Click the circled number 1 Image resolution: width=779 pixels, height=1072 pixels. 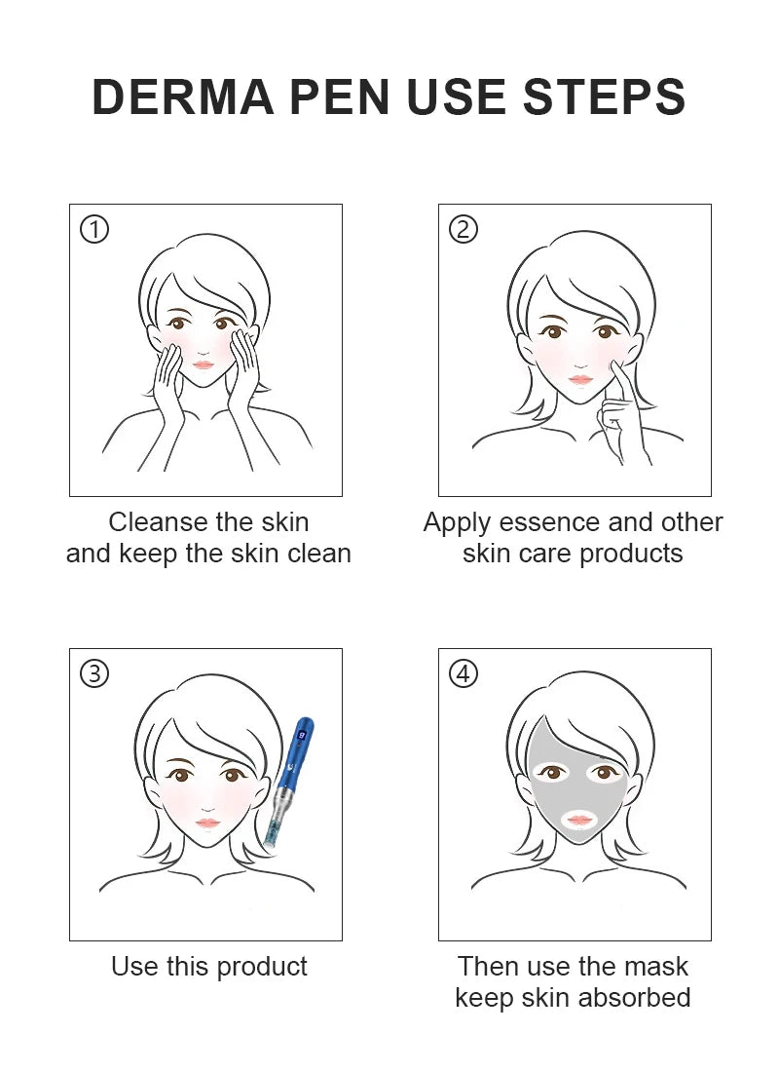pos(94,230)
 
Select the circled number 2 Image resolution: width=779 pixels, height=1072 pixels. pos(464,230)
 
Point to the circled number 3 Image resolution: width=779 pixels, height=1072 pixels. pos(94,674)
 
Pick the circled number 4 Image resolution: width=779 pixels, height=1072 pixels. pos(464,674)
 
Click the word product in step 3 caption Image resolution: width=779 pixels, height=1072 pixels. pos(260,967)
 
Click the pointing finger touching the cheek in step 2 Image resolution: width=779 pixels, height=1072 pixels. pos(616,380)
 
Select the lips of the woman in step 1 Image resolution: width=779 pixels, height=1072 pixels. pos(204,364)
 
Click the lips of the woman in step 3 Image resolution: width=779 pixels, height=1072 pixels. pos(207,823)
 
